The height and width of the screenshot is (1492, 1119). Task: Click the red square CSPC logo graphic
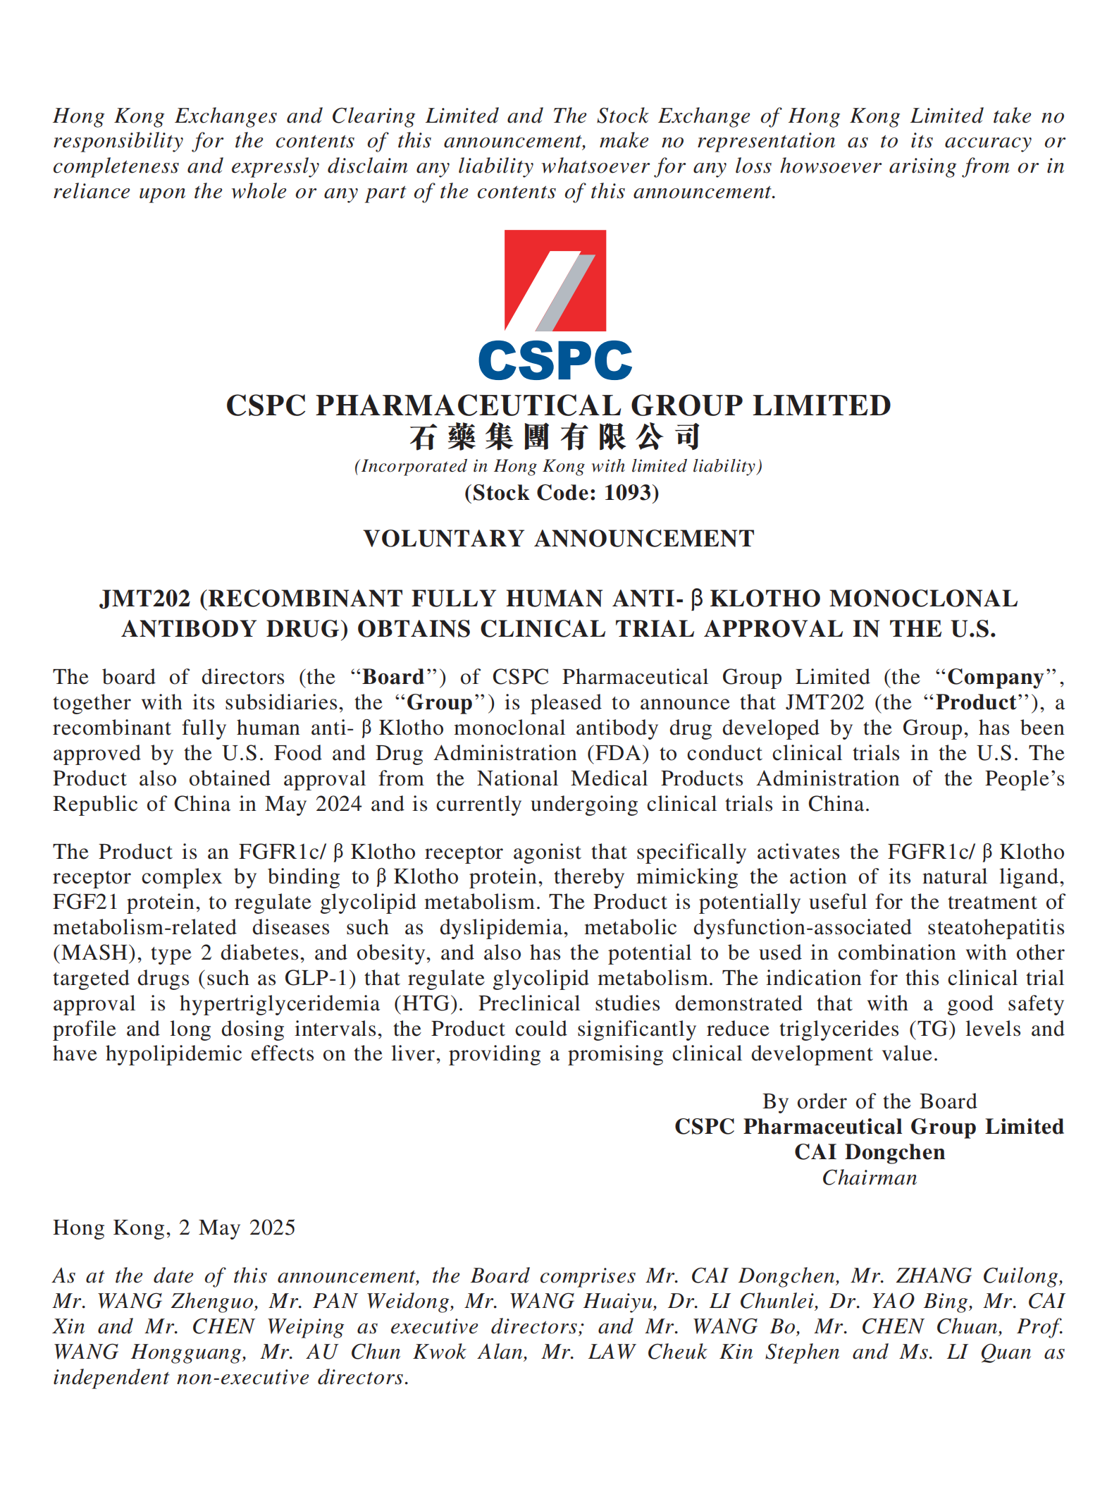(x=555, y=281)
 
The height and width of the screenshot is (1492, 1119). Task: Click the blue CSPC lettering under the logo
(x=555, y=360)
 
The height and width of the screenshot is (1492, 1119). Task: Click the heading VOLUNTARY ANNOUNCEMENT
(x=559, y=539)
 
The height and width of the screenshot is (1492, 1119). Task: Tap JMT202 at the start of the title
(x=144, y=599)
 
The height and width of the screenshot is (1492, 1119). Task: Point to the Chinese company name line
(x=555, y=437)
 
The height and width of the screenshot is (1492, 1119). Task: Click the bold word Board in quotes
(x=393, y=678)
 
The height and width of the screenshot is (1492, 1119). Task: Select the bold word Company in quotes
(x=995, y=678)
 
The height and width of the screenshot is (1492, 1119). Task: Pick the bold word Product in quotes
(x=976, y=703)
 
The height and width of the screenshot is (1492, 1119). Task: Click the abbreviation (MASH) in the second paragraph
(x=95, y=953)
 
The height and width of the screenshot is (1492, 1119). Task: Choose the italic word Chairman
(x=870, y=1178)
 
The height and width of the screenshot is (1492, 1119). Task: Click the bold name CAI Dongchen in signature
(x=870, y=1153)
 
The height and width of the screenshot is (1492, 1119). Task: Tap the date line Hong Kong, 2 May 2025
(x=174, y=1228)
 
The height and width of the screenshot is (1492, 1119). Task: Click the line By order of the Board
(x=870, y=1102)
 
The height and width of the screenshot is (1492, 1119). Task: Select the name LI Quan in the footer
(x=987, y=1352)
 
